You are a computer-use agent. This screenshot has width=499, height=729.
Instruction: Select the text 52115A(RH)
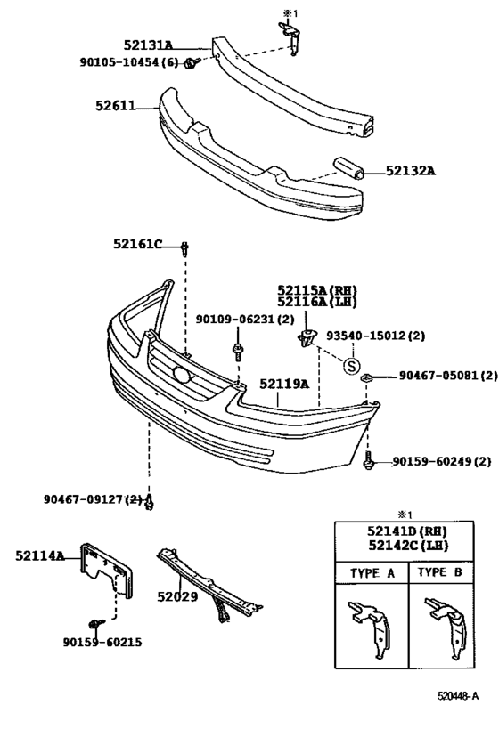click(315, 290)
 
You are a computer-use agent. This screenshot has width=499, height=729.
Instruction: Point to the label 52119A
click(284, 384)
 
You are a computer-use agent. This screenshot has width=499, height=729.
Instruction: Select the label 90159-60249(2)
click(441, 461)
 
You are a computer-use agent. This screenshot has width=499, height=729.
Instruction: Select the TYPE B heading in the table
click(440, 572)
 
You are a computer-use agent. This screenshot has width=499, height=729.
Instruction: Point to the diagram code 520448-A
click(458, 696)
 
